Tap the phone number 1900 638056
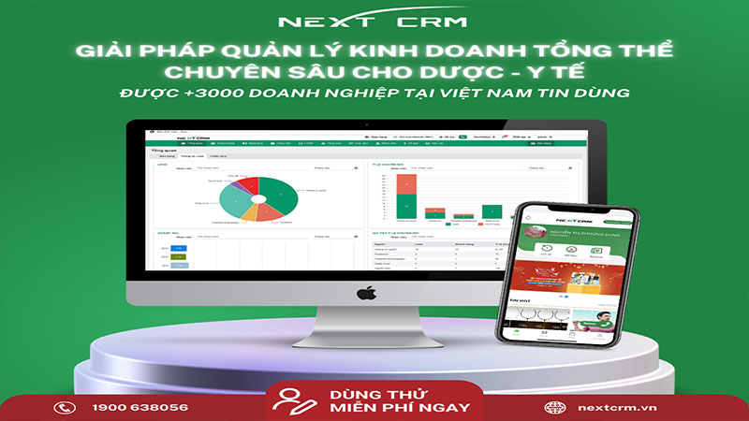coord(140,407)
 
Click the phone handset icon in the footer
coord(65,407)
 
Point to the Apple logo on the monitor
coord(363,293)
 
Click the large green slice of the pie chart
coord(276,193)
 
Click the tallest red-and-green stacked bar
coord(406,196)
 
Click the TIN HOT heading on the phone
coord(522,301)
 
